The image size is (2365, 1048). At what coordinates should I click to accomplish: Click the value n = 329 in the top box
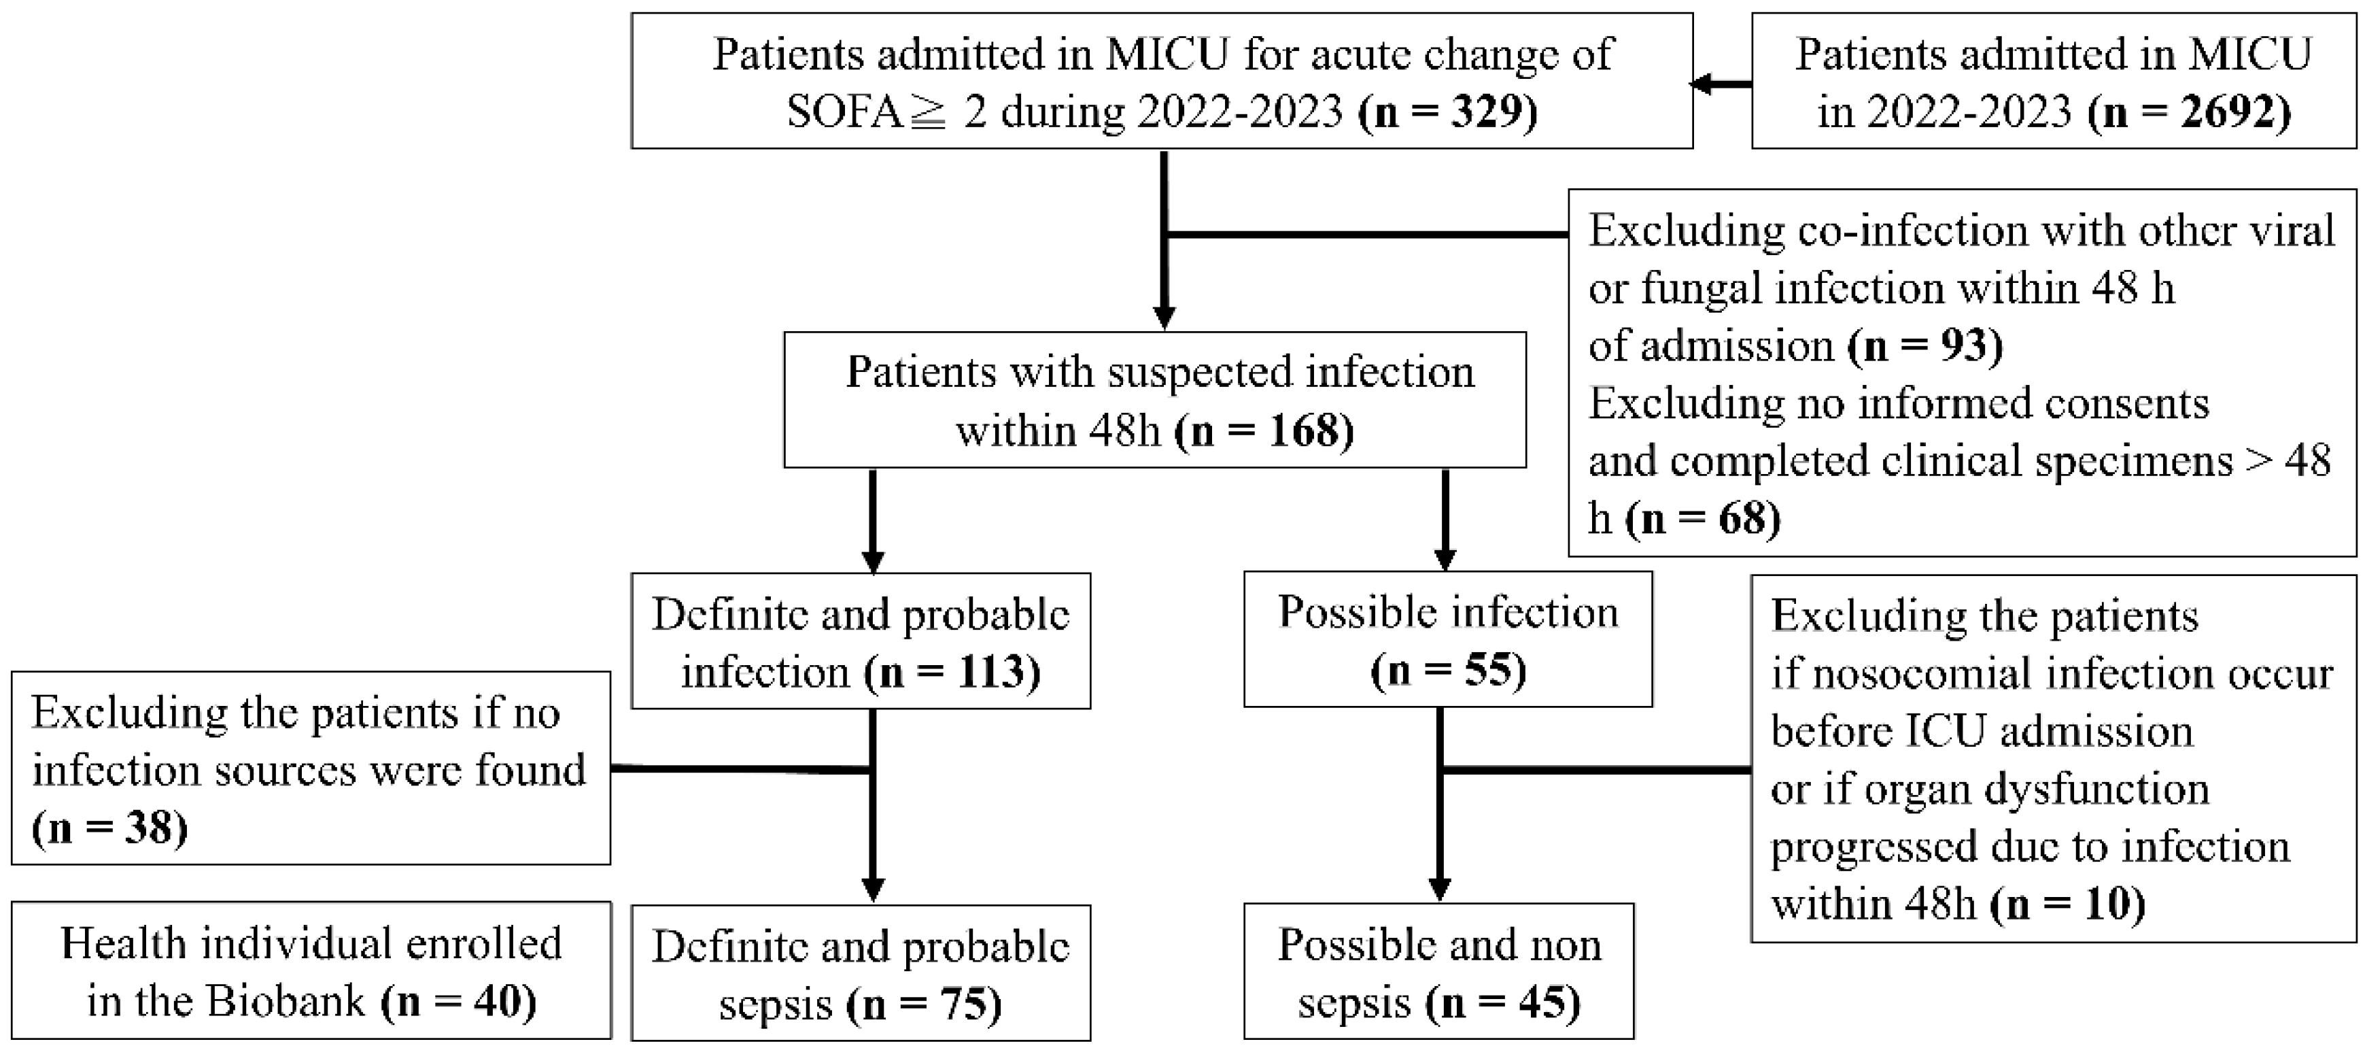(x=1448, y=112)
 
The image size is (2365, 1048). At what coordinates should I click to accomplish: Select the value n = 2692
(x=2189, y=112)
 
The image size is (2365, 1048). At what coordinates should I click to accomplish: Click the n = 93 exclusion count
(x=1925, y=346)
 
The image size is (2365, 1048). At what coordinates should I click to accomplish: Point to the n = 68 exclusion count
(x=1703, y=519)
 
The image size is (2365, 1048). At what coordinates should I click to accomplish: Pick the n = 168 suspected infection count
(x=1264, y=430)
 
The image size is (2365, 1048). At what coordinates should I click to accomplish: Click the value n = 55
(x=1448, y=670)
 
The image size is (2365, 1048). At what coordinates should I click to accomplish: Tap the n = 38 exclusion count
(x=109, y=828)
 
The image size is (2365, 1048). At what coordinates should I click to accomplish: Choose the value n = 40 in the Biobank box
(x=459, y=1001)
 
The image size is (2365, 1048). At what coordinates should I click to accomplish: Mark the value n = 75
(x=925, y=1004)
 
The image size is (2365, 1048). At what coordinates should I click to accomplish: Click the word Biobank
(x=286, y=1001)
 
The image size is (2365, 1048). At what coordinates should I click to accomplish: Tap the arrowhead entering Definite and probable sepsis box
(x=873, y=891)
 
